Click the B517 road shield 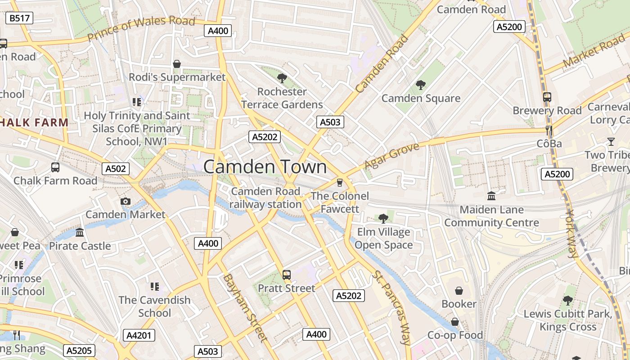pos(20,18)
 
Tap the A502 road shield pos(116,169)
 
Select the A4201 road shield pos(139,335)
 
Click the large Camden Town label pos(265,167)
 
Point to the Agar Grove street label pos(391,156)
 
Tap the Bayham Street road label pos(245,307)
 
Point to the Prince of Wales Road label pos(141,28)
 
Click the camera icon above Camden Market pos(126,201)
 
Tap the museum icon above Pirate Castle pos(80,232)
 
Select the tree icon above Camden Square pos(421,85)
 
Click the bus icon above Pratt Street pos(287,274)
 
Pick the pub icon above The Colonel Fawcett pos(339,182)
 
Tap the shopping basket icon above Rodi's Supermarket pos(177,64)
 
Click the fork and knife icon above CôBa pos(549,130)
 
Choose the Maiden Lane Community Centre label pos(491,216)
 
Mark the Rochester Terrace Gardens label pos(282,98)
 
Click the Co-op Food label pos(455,335)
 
